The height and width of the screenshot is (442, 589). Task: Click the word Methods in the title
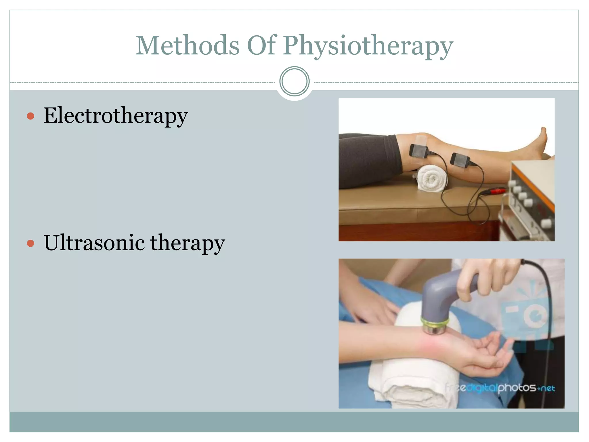[x=187, y=45]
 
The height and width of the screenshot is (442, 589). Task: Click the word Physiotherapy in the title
[x=368, y=46]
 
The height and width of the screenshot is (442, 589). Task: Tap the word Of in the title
[x=262, y=45]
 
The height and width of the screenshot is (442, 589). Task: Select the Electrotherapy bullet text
[x=116, y=116]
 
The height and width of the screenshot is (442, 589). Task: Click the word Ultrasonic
[x=94, y=243]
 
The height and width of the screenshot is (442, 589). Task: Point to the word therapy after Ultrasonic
[x=188, y=243]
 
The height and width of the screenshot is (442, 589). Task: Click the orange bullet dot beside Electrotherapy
[x=30, y=116]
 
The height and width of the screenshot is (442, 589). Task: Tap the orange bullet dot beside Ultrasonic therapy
[x=30, y=243]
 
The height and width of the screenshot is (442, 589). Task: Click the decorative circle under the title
[x=294, y=81]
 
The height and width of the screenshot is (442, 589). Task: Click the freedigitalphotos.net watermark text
[x=500, y=388]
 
